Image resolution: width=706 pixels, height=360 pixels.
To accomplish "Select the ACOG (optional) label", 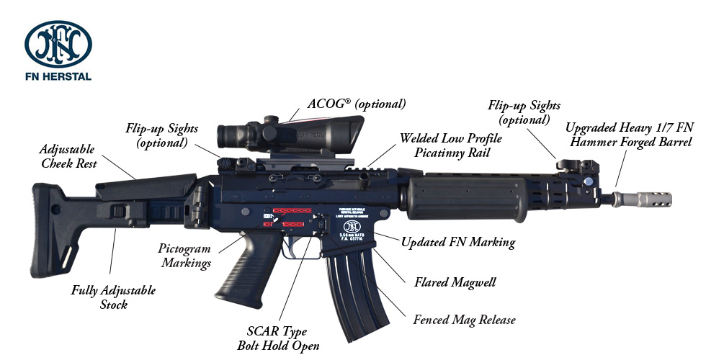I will click(357, 104).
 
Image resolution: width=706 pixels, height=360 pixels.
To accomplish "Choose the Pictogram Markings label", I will click(184, 255).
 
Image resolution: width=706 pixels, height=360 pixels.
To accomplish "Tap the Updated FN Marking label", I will click(457, 242).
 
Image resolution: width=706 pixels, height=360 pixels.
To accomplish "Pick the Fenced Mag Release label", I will click(464, 319).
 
